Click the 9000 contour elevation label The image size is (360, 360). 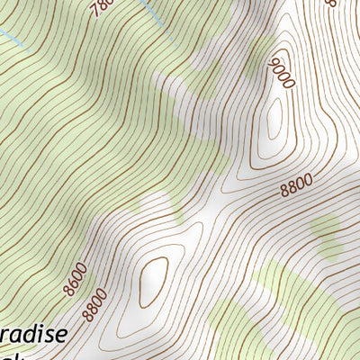point(282,72)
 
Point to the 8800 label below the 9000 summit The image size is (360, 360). point(296,186)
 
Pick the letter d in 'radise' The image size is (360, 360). point(26,334)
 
